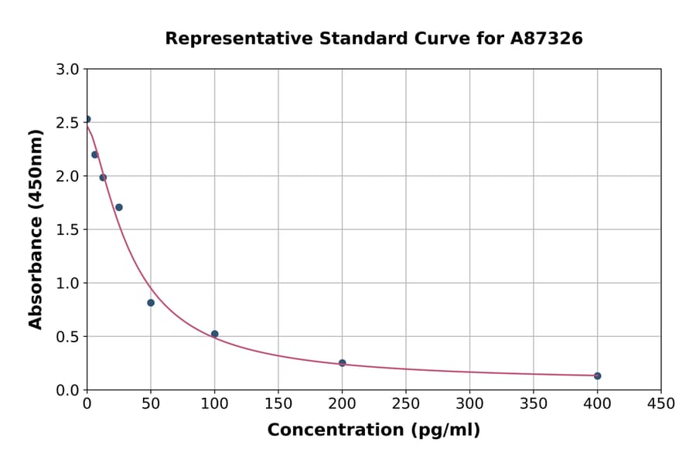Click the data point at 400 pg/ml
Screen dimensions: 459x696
pyautogui.click(x=597, y=376)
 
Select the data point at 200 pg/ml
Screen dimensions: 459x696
pyautogui.click(x=342, y=363)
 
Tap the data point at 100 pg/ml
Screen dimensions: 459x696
pyautogui.click(x=214, y=334)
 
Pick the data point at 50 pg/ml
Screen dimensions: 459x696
pyautogui.click(x=151, y=303)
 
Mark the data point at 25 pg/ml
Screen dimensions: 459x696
pyautogui.click(x=119, y=207)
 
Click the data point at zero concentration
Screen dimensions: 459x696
pyautogui.click(x=87, y=119)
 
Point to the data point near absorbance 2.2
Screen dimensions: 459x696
pyautogui.click(x=95, y=155)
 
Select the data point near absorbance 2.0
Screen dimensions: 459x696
pyautogui.click(x=103, y=178)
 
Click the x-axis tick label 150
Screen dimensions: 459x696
pyautogui.click(x=278, y=403)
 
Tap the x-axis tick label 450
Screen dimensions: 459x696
pyautogui.click(x=661, y=403)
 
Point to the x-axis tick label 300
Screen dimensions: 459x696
pyautogui.click(x=469, y=403)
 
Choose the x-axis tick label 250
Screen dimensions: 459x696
pyautogui.click(x=406, y=403)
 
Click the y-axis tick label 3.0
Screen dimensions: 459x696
pyautogui.click(x=69, y=70)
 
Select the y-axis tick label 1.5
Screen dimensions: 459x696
pyautogui.click(x=69, y=229)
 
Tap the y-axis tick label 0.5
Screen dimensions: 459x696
pyautogui.click(x=69, y=337)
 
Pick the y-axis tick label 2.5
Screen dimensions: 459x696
pyautogui.click(x=69, y=123)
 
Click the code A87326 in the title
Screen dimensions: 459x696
pyautogui.click(x=546, y=39)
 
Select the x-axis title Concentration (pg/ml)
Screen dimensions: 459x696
pyautogui.click(x=374, y=430)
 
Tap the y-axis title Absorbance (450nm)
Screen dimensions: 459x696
pyautogui.click(x=36, y=229)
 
